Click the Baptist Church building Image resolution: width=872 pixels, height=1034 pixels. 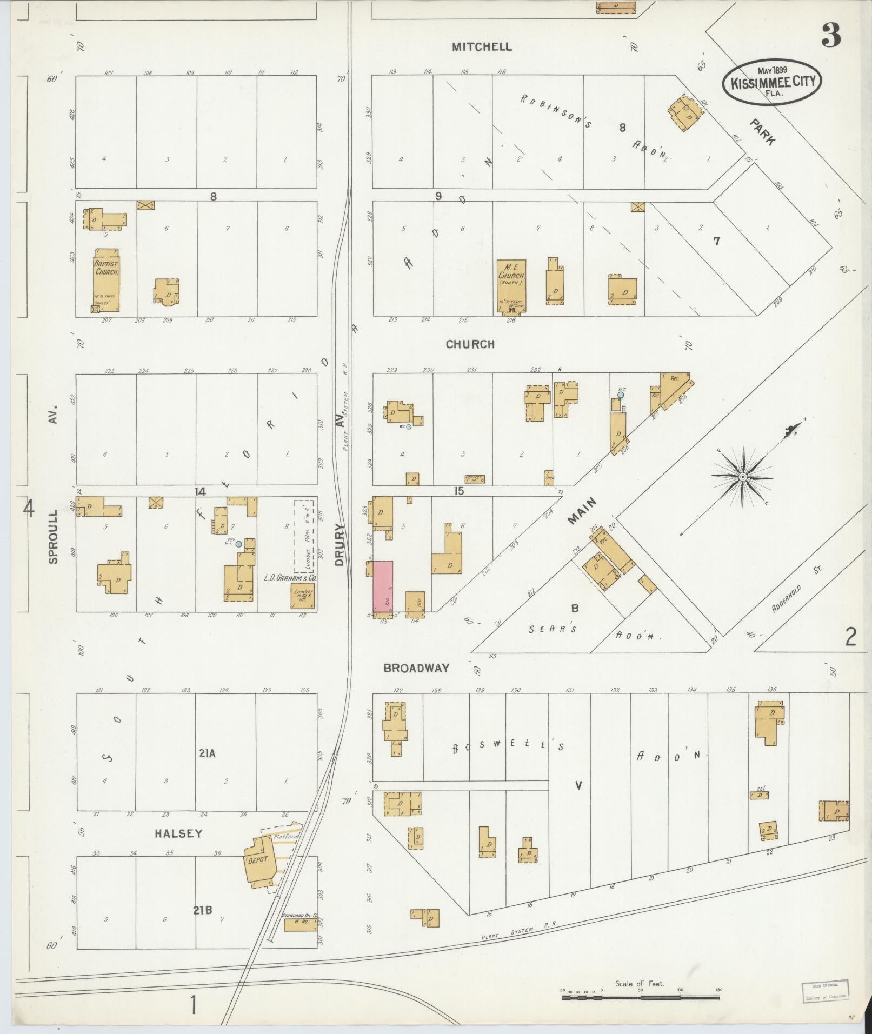coord(106,280)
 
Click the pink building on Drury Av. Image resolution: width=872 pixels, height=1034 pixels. coord(383,586)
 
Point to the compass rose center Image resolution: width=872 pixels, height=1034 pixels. coord(743,477)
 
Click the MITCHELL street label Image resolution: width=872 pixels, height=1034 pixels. coord(482,47)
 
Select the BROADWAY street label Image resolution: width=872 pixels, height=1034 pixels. coord(416,668)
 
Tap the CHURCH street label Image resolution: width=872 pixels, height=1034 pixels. coord(470,344)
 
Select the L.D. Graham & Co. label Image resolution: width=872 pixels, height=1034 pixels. coord(290,577)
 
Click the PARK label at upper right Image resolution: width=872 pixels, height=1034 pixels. coord(763,132)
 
